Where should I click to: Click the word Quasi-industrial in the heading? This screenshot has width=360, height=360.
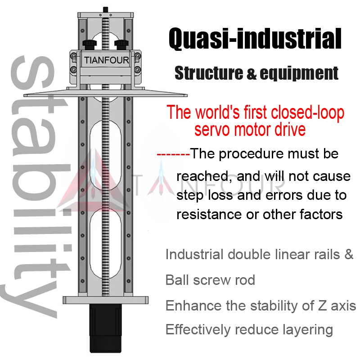[x=255, y=39]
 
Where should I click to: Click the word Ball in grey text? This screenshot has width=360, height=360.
[x=177, y=280]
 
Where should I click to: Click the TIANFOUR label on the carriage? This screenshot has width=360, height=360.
[x=106, y=60]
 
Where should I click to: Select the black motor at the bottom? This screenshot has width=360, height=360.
[x=106, y=329]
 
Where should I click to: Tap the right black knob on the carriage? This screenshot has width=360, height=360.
[x=121, y=43]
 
